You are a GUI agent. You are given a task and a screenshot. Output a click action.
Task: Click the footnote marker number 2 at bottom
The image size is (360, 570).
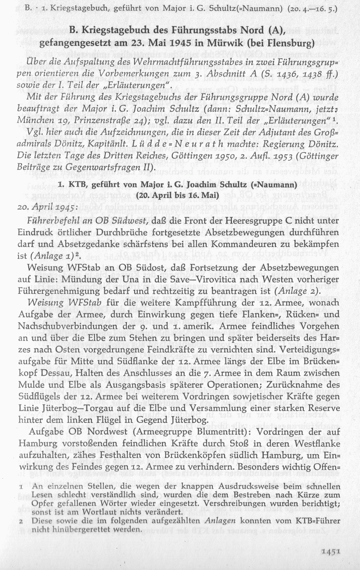click(x=21, y=521)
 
